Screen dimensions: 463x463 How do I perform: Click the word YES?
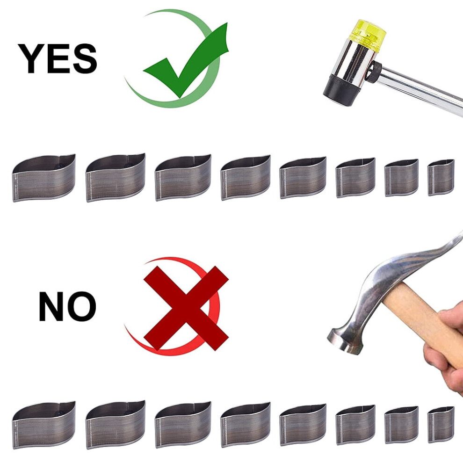click(58, 58)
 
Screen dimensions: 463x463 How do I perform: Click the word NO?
click(67, 306)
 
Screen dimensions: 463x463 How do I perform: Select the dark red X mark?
click(186, 308)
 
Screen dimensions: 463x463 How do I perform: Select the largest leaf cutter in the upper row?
click(43, 178)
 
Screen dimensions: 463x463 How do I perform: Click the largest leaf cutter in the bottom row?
click(43, 425)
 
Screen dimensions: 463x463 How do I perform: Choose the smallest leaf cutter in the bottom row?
click(441, 425)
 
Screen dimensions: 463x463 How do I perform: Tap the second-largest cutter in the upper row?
click(116, 177)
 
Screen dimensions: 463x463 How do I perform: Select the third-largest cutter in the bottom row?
click(183, 425)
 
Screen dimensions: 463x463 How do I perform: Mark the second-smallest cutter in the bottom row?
click(401, 425)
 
